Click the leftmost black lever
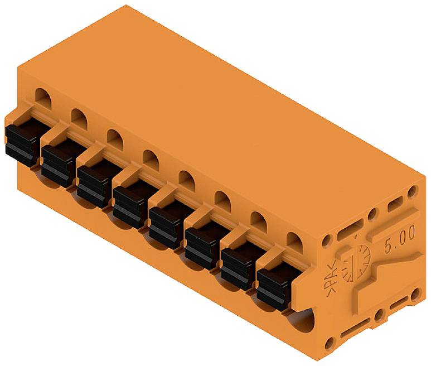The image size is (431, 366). click(x=21, y=142)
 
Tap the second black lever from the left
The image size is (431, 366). click(x=57, y=163)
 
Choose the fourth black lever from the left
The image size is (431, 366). click(x=129, y=205)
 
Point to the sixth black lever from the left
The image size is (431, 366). click(x=201, y=246)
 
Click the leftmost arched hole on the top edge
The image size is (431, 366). click(x=42, y=95)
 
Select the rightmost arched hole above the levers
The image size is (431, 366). click(x=294, y=239)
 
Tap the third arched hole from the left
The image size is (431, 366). click(x=115, y=137)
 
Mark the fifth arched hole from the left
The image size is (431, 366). click(x=186, y=179)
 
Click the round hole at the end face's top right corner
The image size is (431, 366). click(x=413, y=191)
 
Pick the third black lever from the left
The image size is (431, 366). click(x=93, y=184)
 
